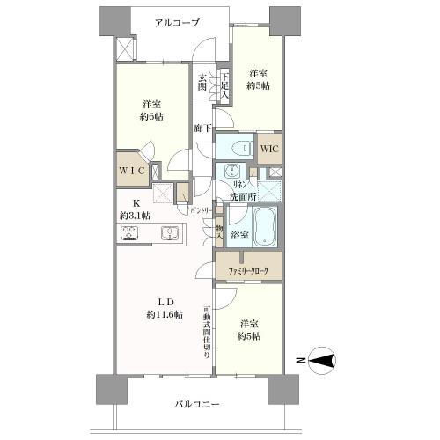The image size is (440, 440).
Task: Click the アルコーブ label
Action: click(x=178, y=23)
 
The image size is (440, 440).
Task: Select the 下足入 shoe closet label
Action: click(x=224, y=84)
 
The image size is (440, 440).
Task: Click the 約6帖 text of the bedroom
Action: click(x=150, y=115)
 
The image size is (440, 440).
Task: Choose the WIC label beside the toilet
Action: click(x=268, y=148)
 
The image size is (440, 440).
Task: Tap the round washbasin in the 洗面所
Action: click(x=233, y=171)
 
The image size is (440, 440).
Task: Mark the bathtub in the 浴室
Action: click(x=265, y=227)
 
